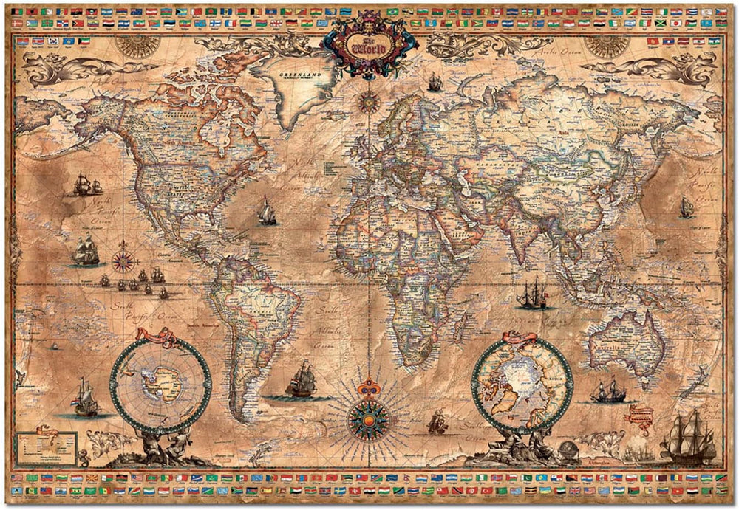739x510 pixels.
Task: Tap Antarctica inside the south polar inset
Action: point(160,381)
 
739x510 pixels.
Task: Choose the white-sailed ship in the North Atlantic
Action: point(266,212)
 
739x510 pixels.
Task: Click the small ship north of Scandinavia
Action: point(435,83)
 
